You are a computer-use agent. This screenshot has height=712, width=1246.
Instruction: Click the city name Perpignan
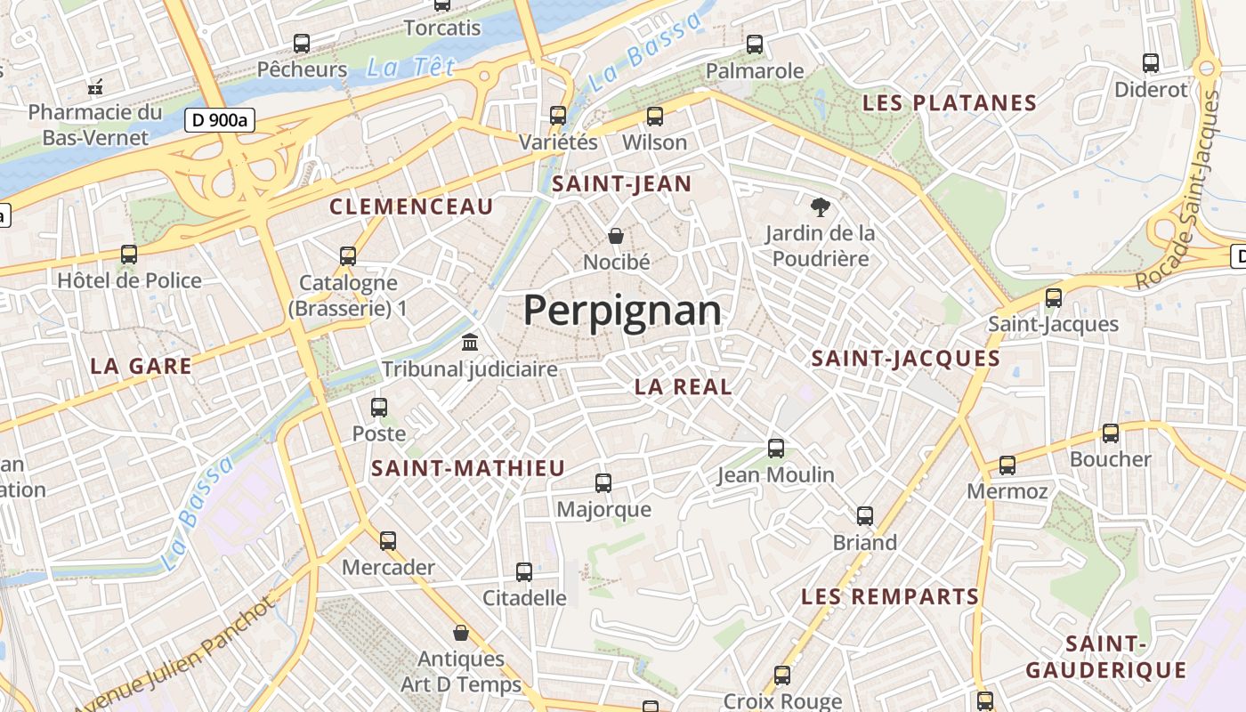point(622,311)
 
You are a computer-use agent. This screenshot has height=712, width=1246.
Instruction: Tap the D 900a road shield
point(220,120)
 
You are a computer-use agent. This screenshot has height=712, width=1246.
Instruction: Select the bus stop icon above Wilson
point(655,116)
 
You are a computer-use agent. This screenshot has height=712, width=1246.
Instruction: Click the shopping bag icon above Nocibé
point(616,236)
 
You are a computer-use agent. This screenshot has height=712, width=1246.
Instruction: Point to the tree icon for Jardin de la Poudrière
point(820,207)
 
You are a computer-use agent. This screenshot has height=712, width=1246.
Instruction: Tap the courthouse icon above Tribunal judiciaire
point(470,342)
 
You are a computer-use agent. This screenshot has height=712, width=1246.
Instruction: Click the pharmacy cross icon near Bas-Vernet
point(95,87)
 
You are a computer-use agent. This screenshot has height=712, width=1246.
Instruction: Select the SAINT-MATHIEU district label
point(468,468)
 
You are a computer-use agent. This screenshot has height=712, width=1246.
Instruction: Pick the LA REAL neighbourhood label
point(684,386)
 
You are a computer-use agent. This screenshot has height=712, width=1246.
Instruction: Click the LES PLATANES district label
point(950,103)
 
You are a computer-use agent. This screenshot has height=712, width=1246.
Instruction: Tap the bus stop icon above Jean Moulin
point(776,449)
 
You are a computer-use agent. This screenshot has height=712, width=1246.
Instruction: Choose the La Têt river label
point(411,67)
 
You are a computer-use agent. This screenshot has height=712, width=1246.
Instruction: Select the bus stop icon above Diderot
point(1151,63)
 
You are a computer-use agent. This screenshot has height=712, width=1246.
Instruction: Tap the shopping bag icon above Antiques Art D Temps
point(461,633)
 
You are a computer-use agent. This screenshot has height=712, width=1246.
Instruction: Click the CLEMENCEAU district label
point(411,207)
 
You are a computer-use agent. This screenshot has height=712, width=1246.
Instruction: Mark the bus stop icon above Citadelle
point(524,571)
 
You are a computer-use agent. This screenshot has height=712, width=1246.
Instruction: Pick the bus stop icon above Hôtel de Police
point(129,255)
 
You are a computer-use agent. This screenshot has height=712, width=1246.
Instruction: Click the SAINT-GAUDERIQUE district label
point(1105,657)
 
